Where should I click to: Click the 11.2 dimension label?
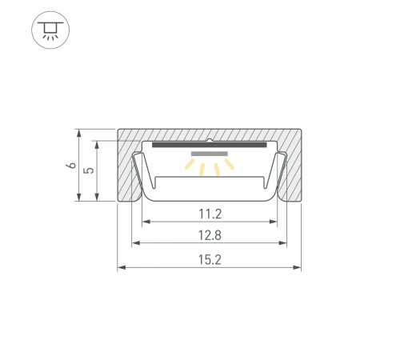(x=210, y=214)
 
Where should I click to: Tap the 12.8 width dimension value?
(x=210, y=235)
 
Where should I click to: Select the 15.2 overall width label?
(x=210, y=260)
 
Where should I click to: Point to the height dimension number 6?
(x=71, y=166)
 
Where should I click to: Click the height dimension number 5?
(x=89, y=170)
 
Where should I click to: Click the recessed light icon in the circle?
(x=50, y=30)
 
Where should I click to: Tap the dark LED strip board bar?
(x=210, y=145)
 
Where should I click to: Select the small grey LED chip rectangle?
(x=210, y=154)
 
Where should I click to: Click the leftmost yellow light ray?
(x=190, y=164)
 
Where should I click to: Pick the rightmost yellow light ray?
(x=229, y=164)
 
